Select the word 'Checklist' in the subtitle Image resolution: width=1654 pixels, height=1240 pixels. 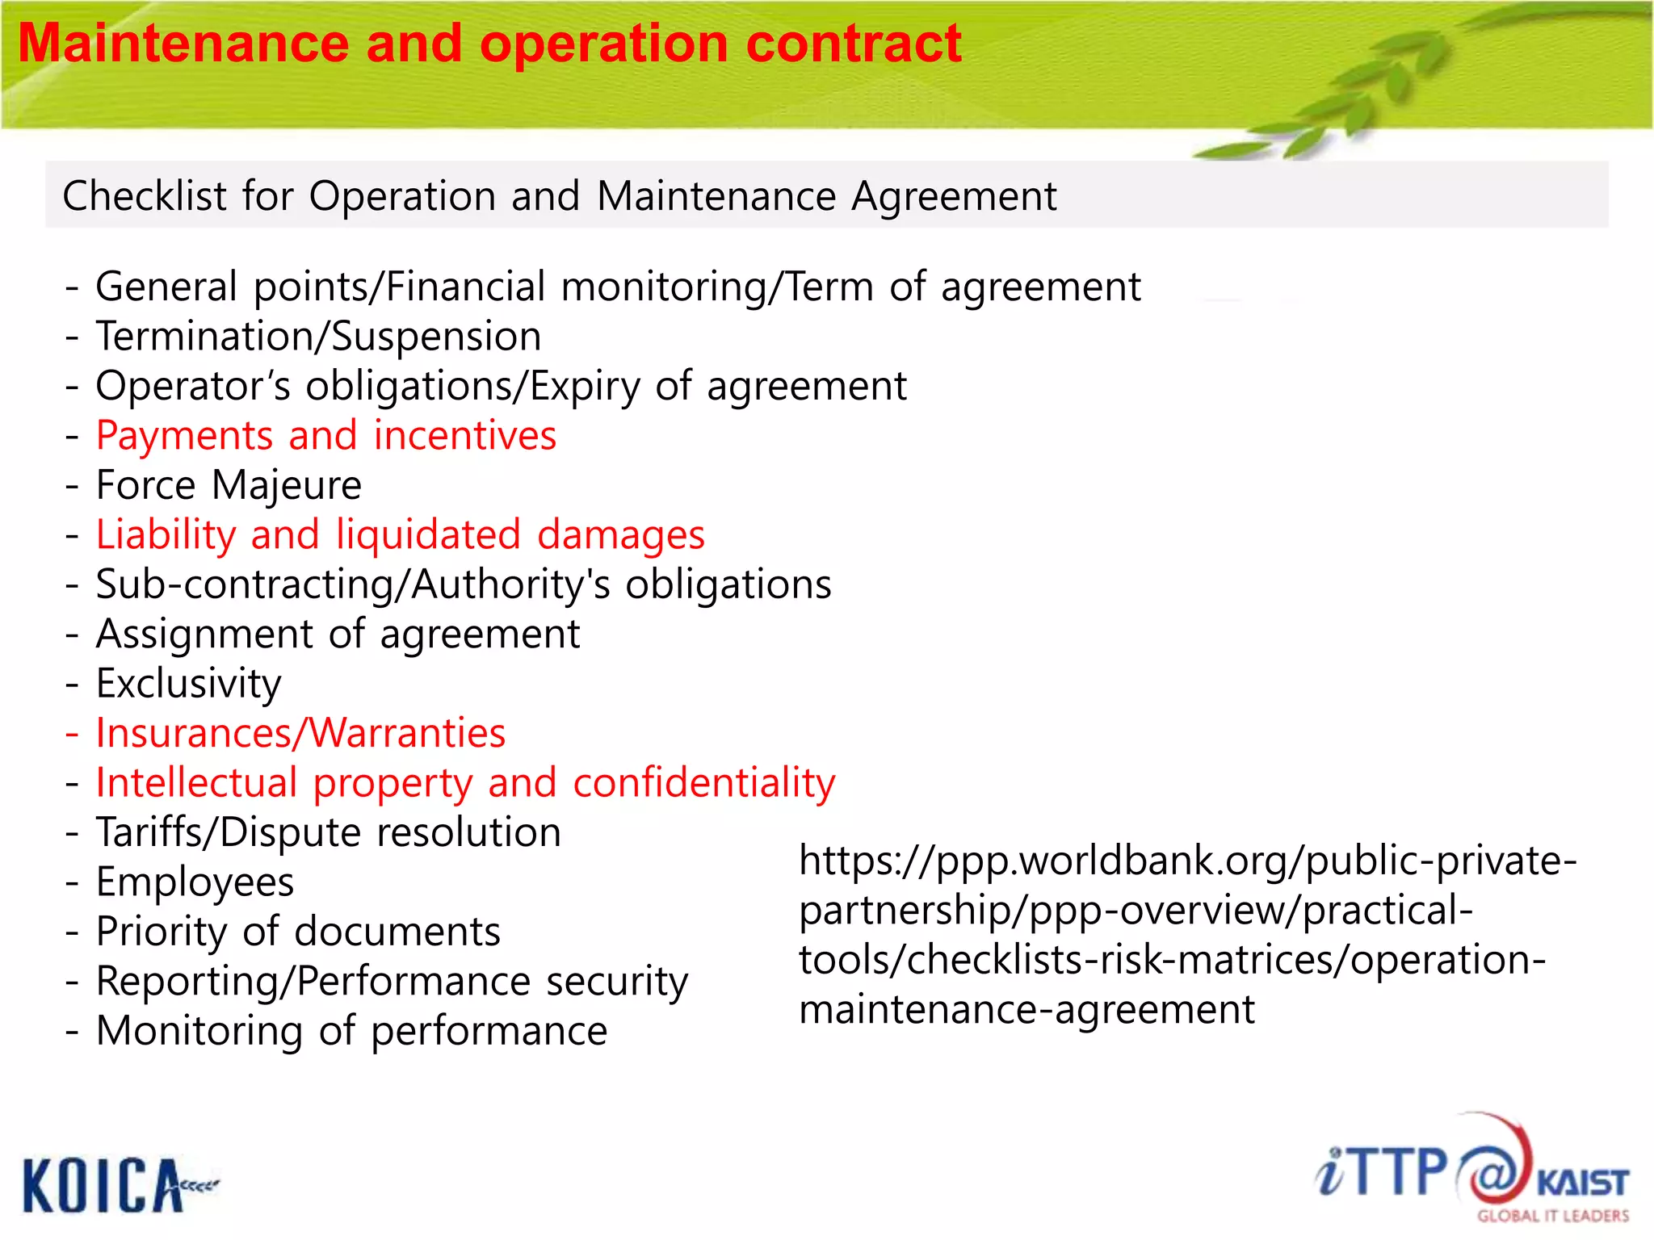pos(145,196)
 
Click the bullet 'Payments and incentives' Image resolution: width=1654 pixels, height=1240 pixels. pos(325,436)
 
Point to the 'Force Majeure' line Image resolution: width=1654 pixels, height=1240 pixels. pos(229,485)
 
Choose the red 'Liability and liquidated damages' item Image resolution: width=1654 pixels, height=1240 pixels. pos(400,535)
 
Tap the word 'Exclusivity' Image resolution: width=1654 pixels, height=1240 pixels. pos(188,684)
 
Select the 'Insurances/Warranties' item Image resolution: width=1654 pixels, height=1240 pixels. pos(300,733)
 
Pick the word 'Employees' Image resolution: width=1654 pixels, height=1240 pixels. pos(195,882)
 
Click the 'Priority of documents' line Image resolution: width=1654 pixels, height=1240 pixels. pos(298,932)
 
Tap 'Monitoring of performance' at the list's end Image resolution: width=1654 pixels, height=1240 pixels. pos(351,1031)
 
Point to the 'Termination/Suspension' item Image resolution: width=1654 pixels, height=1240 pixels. pos(318,337)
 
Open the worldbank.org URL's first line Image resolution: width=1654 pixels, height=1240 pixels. pos(1187,861)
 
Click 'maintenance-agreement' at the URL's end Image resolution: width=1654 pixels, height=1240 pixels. pos(1026,1010)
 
